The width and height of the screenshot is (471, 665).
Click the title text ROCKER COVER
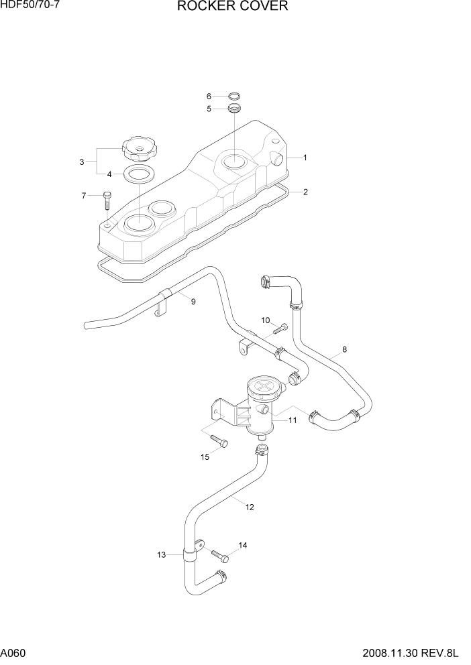point(233,7)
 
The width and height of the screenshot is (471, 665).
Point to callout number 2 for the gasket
point(305,192)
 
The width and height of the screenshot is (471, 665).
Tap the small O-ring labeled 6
point(235,96)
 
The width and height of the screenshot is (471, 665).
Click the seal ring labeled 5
point(234,109)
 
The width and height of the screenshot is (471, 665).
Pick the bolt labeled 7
point(107,200)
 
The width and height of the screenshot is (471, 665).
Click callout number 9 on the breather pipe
point(193,302)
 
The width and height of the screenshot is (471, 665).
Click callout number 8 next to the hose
point(344,349)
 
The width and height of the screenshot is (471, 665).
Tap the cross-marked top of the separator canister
point(262,387)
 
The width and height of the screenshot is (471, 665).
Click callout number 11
point(293,420)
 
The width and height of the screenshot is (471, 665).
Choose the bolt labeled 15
point(219,440)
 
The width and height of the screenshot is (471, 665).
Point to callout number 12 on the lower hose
point(250,507)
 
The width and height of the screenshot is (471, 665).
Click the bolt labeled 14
point(220,556)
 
